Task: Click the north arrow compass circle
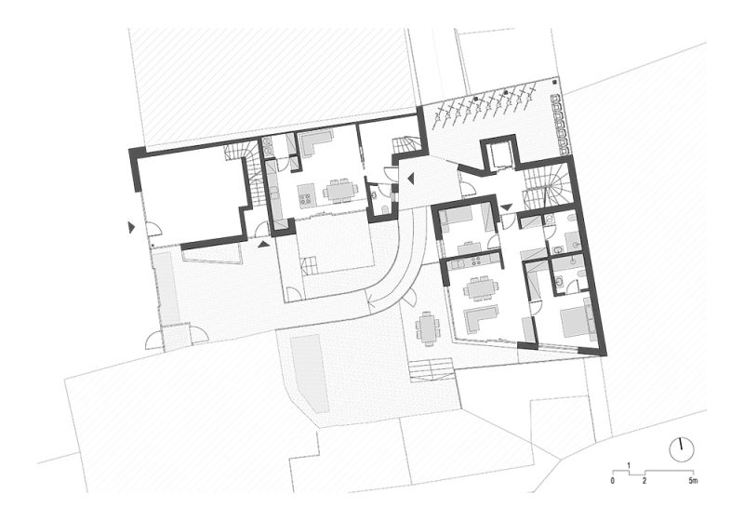[x=682, y=448]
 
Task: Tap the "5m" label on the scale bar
[x=692, y=481]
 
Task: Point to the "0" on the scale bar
[x=613, y=481]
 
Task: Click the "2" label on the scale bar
[x=644, y=481]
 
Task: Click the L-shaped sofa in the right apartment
[x=481, y=317]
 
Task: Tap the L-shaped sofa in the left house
[x=314, y=142]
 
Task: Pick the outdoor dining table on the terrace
[x=428, y=327]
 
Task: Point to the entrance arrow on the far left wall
[x=132, y=226]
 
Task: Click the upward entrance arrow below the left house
[x=264, y=244]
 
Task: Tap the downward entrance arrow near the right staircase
[x=506, y=207]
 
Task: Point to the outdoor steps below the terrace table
[x=431, y=369]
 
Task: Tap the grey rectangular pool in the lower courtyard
[x=309, y=373]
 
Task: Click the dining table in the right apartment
[x=480, y=287]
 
